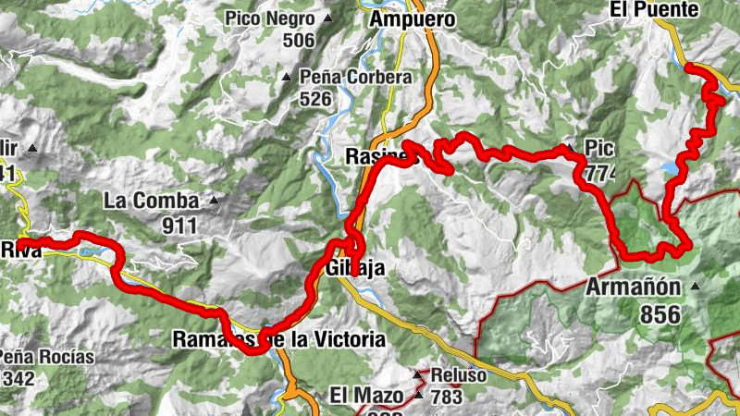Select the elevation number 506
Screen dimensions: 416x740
coord(299,40)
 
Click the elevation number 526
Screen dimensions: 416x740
coord(315,98)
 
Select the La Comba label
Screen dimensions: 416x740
coord(151,201)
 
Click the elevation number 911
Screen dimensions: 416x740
coord(179,224)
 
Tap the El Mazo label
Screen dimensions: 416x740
coord(366,396)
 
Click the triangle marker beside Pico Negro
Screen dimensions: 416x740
coord(327,18)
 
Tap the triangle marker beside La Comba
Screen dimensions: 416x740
coord(214,199)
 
